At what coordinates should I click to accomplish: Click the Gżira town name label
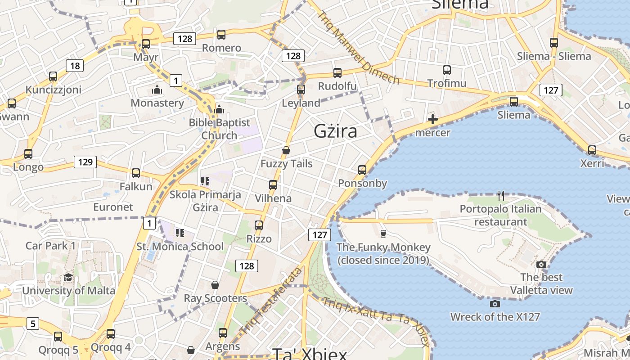tap(336, 131)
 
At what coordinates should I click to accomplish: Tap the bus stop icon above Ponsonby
tap(362, 170)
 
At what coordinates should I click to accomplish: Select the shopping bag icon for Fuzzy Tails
tap(286, 150)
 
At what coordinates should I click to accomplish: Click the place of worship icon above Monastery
tap(157, 90)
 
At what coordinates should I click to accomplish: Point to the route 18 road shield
tap(75, 66)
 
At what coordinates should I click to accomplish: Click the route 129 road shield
tap(85, 162)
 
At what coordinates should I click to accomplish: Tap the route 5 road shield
tap(33, 323)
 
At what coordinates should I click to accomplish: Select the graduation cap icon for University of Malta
tap(68, 277)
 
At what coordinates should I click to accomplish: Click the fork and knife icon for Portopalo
tap(501, 196)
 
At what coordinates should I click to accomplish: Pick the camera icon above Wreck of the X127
tap(495, 304)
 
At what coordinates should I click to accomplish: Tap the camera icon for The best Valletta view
tap(541, 264)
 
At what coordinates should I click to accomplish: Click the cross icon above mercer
tap(433, 119)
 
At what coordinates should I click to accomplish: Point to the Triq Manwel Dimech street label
tap(359, 47)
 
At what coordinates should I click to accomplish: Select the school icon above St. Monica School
tap(180, 233)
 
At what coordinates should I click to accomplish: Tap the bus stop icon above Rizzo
tap(259, 225)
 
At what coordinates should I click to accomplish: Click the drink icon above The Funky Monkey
tap(383, 234)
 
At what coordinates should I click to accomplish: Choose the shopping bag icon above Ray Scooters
tap(215, 285)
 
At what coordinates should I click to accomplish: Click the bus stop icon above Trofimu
tap(446, 70)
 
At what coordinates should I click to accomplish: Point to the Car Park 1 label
tap(51, 246)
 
